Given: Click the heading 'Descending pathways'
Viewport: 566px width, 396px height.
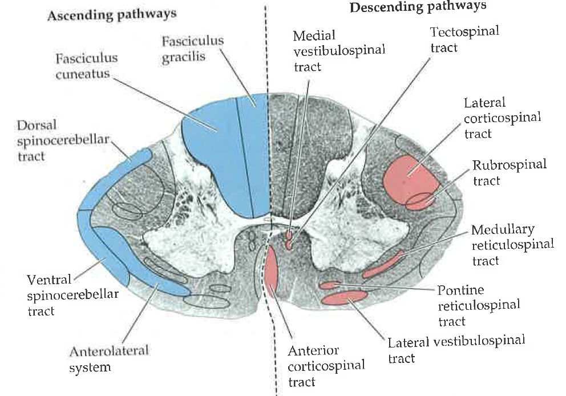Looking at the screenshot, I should click(x=418, y=7).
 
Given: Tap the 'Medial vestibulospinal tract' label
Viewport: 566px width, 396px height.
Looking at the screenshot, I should click(x=339, y=50).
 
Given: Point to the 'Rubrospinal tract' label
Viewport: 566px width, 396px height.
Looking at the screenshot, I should click(x=509, y=172).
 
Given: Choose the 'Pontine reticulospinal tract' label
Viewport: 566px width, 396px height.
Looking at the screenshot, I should click(x=478, y=305).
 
